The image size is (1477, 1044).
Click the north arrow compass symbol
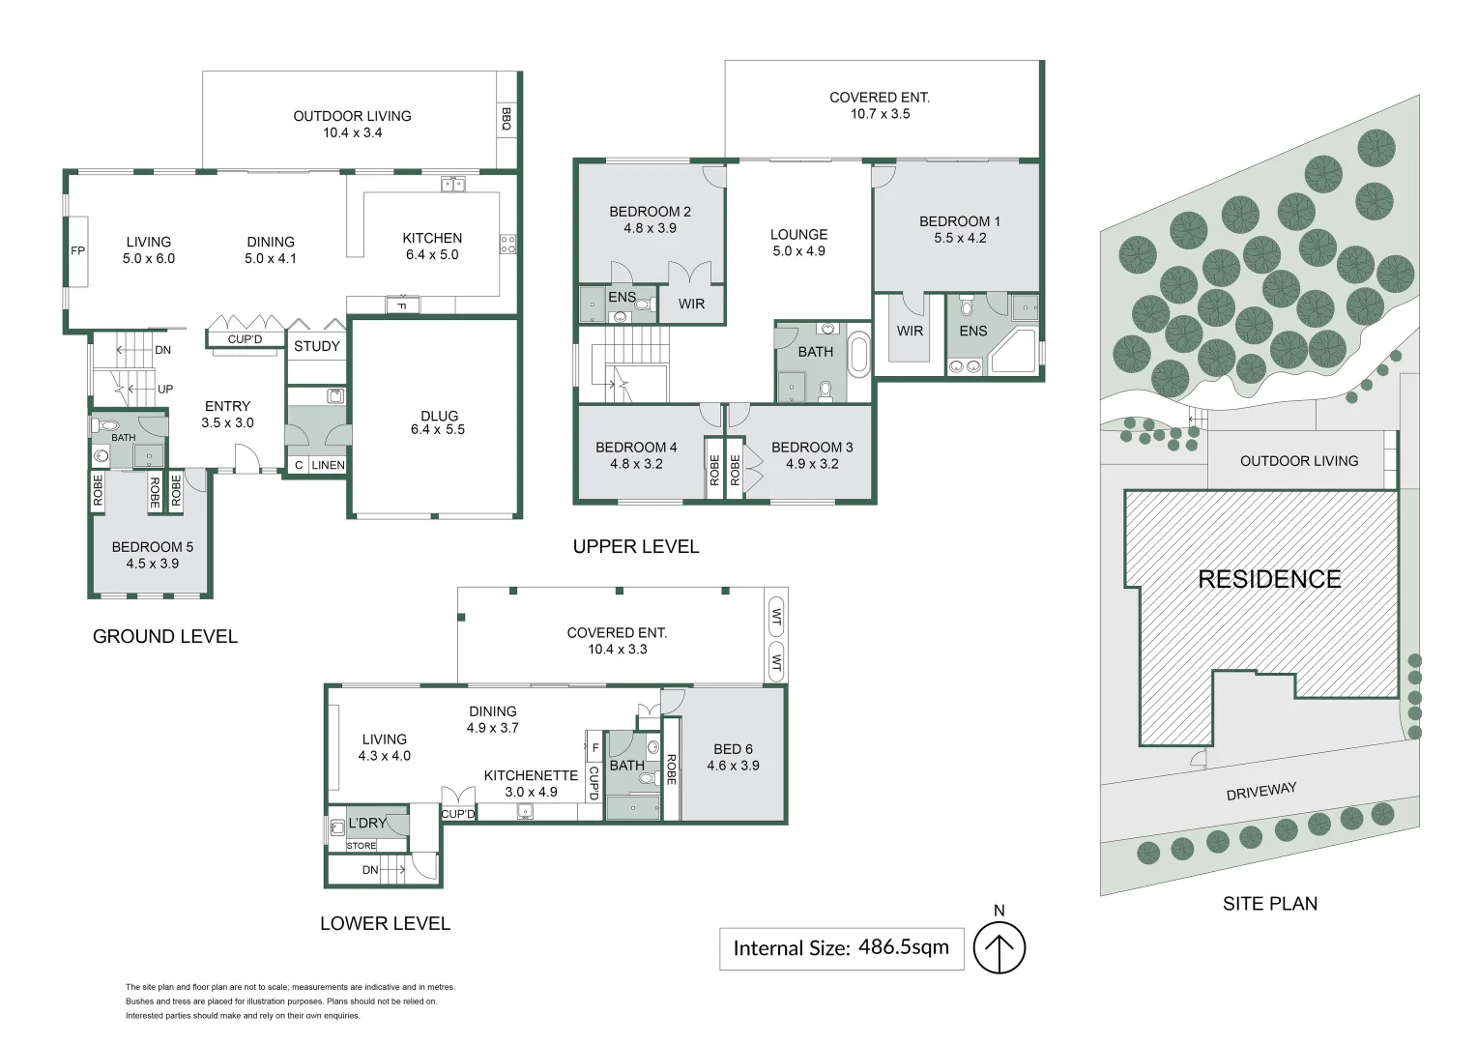pos(999,948)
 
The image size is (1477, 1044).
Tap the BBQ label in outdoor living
pos(506,120)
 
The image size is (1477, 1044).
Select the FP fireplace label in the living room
pos(78,251)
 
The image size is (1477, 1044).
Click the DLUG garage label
pos(439,416)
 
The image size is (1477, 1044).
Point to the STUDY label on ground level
pos(317,346)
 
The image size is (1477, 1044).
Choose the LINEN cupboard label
pos(328,465)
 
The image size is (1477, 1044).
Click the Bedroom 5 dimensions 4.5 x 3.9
pos(153,564)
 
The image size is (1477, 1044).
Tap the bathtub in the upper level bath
pos(858,354)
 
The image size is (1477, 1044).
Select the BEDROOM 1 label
pos(959,221)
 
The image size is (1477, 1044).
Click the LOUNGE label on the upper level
pos(798,234)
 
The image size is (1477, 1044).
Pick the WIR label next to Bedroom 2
pos(691,304)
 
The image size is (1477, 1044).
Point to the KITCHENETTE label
pos(531,775)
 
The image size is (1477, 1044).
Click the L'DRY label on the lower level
pos(367,823)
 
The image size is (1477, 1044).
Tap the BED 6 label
pos(733,749)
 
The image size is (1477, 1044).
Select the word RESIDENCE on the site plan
pos(1269,579)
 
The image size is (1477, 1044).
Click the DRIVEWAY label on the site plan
pos(1260,792)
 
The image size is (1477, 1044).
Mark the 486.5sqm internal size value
pos(903,947)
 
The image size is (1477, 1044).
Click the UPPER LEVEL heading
pos(636,546)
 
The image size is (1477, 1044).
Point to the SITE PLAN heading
pos(1269,904)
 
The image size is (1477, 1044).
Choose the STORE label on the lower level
pos(362,846)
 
